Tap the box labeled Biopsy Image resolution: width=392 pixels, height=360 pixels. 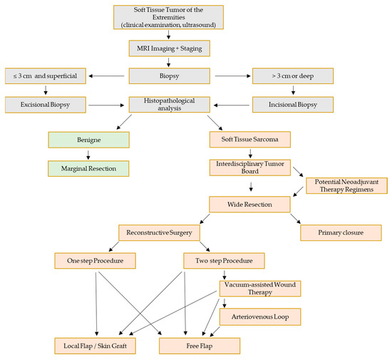[170, 73]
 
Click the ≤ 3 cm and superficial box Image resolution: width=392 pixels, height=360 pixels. [46, 73]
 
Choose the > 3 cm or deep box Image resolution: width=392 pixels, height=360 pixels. [296, 73]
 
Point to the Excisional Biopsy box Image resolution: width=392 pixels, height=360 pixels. [46, 104]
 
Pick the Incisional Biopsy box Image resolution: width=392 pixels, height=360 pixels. [296, 104]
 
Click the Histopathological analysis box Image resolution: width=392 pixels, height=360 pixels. [171, 104]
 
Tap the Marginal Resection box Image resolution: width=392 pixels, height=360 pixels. [89, 168]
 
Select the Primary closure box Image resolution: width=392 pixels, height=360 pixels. [341, 233]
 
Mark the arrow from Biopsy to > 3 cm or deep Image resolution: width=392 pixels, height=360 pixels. [234, 73]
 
